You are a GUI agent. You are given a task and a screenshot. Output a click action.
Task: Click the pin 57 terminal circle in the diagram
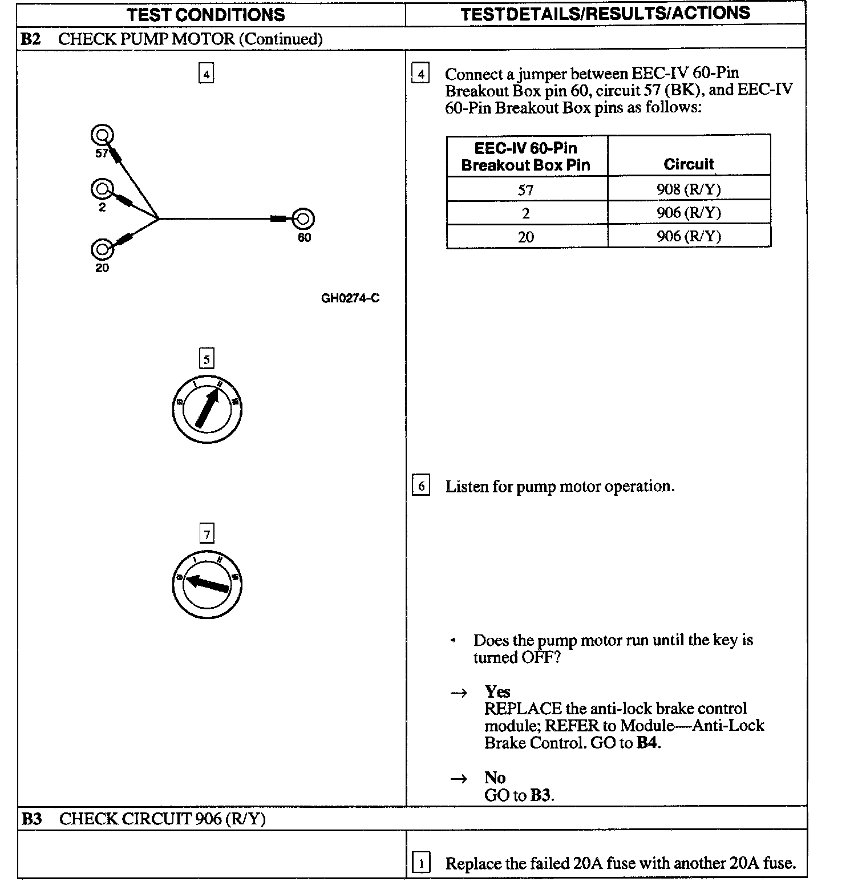coord(102,135)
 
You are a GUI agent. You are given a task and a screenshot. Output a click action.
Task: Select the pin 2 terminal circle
coord(102,189)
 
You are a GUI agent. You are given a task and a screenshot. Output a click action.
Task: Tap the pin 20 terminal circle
coord(102,249)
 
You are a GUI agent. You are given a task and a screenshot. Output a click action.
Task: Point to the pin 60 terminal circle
coord(303,219)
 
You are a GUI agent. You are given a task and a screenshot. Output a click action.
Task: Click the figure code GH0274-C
coord(350,298)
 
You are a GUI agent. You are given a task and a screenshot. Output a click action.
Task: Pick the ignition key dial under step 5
coord(207,410)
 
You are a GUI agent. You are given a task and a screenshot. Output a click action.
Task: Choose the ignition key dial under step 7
coord(207,585)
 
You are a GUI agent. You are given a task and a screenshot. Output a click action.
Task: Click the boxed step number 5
coord(207,359)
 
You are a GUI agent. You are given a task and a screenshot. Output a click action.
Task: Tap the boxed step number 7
coord(207,534)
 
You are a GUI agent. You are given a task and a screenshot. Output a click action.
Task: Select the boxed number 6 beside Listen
coord(421,486)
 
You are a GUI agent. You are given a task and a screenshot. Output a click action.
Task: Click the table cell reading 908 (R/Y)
coord(689,189)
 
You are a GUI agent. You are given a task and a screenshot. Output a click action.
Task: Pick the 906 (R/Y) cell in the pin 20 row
coord(689,236)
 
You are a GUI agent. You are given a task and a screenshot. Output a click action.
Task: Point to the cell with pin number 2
coord(526,213)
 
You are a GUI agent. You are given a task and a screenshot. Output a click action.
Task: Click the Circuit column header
coord(689,164)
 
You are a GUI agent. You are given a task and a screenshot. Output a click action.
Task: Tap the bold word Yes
coord(497,691)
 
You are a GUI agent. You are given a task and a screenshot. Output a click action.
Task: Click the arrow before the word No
coord(459,778)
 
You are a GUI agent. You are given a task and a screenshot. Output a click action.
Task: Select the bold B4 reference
coord(647,743)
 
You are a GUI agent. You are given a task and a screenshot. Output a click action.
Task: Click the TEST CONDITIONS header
coord(205,14)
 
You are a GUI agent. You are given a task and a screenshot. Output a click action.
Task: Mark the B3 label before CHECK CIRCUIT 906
coord(32,819)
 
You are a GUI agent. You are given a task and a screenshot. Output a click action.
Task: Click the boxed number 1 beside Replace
coord(421,863)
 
